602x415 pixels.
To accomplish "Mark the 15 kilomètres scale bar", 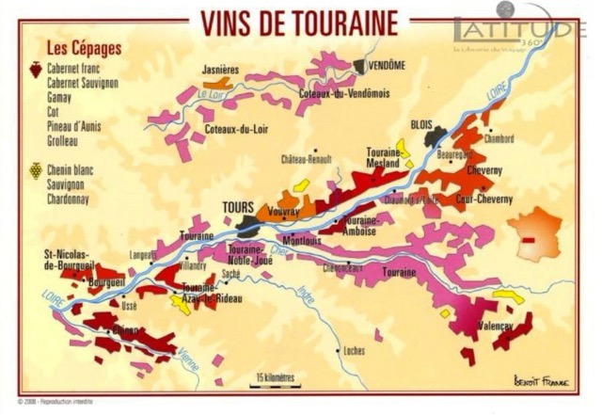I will pyautogui.click(x=274, y=380).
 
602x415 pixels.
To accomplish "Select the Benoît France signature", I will pyautogui.click(x=542, y=380).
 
